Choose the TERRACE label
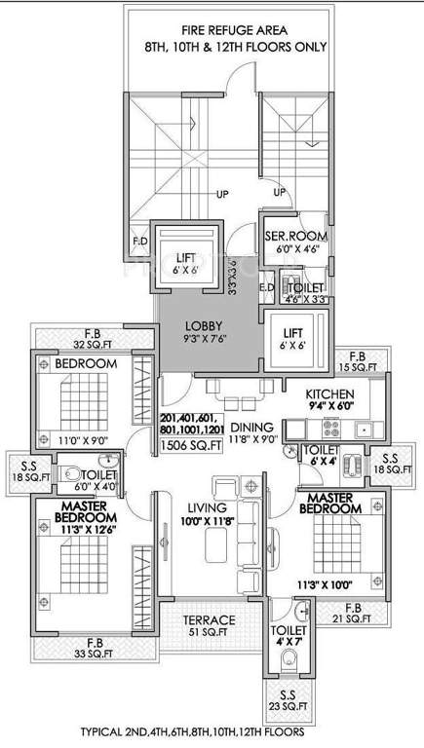pyautogui.click(x=210, y=619)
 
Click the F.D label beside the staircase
pyautogui.click(x=139, y=242)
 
